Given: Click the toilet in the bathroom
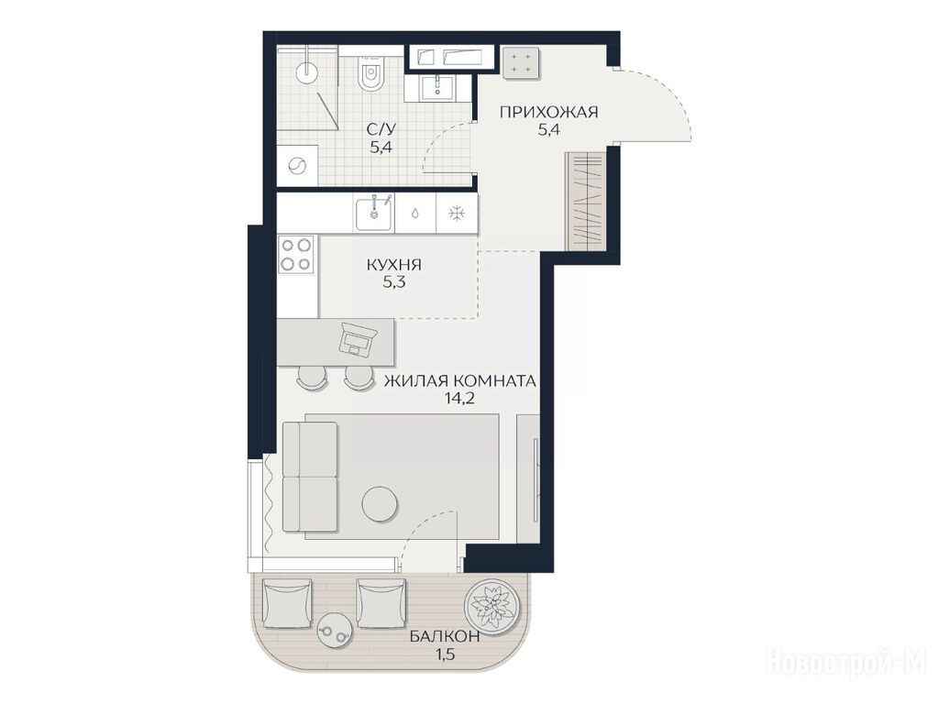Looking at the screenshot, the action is (x=371, y=74).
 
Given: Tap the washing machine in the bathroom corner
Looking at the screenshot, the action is (x=297, y=165).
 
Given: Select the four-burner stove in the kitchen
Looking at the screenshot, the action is (x=297, y=254).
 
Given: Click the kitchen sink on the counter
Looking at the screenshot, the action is (x=375, y=214).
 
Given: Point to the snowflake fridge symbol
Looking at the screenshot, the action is (x=458, y=213).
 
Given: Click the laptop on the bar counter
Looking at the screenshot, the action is (x=358, y=339).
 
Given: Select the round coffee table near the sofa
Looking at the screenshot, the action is (x=380, y=503).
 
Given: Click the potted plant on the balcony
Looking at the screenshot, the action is (x=492, y=605).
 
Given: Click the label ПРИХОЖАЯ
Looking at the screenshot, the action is (x=549, y=112).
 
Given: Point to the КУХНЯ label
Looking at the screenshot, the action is (x=394, y=265).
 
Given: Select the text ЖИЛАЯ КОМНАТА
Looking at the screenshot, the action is (x=460, y=381).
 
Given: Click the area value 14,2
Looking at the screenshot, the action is (x=460, y=399).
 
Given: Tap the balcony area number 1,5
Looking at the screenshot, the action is (x=445, y=654).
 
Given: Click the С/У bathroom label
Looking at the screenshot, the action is (x=381, y=128).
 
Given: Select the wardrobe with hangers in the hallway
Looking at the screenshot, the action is (x=588, y=199).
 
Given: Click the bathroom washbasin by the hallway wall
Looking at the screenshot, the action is (x=438, y=87).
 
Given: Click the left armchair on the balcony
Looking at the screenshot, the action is (x=287, y=603).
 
